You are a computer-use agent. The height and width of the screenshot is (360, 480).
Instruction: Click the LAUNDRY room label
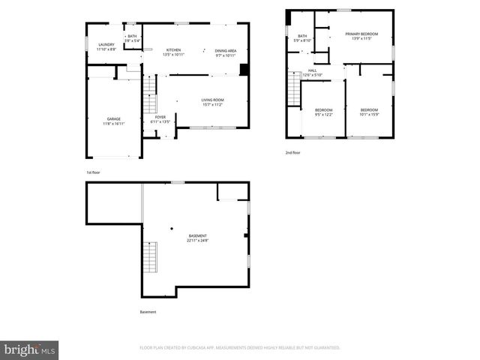106,44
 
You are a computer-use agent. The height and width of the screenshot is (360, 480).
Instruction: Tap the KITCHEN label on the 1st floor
173,49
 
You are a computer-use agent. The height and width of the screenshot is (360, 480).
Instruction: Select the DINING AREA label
225,49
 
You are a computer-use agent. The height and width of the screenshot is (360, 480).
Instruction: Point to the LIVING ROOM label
212,100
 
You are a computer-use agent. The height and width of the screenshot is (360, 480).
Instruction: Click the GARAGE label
113,118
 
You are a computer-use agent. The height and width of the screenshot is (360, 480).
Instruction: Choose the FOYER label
160,117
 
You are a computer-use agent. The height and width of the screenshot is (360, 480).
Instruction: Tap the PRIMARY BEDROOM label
361,34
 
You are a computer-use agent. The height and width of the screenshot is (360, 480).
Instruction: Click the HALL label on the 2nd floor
312,70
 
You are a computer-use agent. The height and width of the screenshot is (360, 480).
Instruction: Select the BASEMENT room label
197,236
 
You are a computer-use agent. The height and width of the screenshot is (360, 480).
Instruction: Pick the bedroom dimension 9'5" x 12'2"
322,114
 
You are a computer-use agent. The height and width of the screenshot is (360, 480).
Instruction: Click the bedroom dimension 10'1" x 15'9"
369,114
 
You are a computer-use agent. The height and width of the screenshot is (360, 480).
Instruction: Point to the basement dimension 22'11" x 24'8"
197,241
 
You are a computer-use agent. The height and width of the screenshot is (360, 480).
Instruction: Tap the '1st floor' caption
93,172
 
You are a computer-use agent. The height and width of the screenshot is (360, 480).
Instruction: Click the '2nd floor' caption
292,152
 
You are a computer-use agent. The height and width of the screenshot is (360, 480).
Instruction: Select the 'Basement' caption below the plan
148,312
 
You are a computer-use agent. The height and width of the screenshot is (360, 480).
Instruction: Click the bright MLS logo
30,349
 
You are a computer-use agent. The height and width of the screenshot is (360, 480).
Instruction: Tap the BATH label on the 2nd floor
302,35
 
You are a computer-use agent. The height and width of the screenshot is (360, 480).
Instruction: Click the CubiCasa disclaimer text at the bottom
240,348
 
